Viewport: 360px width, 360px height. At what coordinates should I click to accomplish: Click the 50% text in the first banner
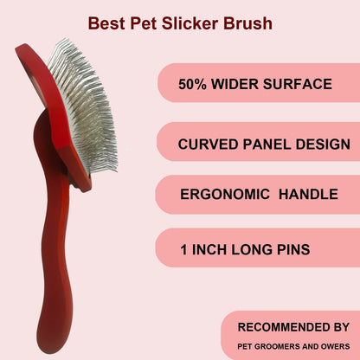pos(195,85)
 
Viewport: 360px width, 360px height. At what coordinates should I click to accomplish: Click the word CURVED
pos(209,144)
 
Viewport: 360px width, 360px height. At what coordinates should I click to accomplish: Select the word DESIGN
pos(322,144)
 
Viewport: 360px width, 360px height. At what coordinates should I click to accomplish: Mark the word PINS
pos(290,251)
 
